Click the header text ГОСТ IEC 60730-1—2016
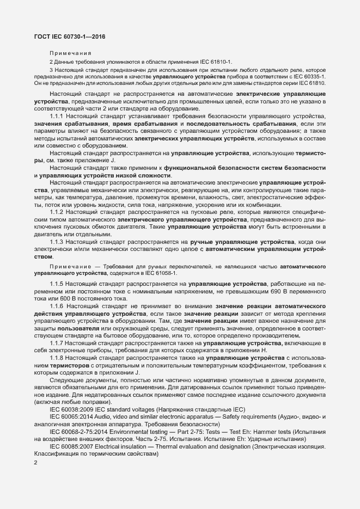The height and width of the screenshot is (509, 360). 69,38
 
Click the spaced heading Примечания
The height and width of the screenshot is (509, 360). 70,53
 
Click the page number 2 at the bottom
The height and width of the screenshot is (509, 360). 35,463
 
